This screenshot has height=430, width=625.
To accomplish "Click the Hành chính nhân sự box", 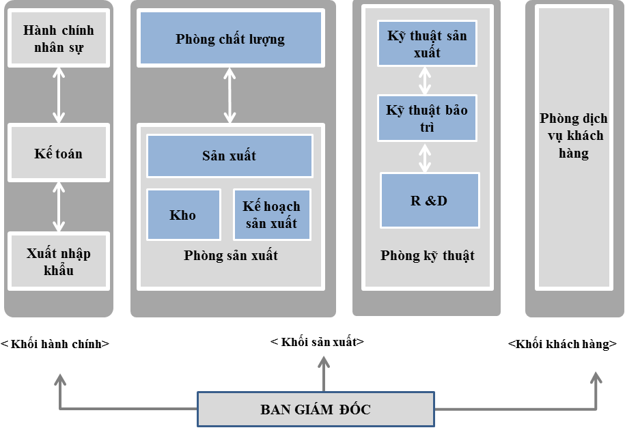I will click(x=59, y=39).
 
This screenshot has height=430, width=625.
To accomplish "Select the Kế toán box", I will click(x=59, y=153).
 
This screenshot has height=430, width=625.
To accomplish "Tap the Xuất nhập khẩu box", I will click(x=59, y=261).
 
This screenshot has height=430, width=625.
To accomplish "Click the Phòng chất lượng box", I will click(x=230, y=39).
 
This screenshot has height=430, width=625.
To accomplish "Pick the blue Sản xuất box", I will click(x=230, y=156).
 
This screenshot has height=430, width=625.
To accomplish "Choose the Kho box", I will click(x=183, y=215).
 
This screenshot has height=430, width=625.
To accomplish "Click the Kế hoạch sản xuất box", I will click(x=272, y=215).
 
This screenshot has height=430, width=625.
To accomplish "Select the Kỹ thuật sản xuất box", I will click(x=427, y=44).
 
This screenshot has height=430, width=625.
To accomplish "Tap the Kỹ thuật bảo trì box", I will click(x=427, y=118).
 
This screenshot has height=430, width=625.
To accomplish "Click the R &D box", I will click(x=430, y=200).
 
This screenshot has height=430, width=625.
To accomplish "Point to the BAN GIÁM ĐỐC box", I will click(x=316, y=410).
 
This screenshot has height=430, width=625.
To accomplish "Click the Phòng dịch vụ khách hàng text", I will click(x=572, y=135).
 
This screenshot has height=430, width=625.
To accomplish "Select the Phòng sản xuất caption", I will click(x=231, y=255).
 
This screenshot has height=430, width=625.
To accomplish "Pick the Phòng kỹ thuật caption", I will click(x=428, y=255).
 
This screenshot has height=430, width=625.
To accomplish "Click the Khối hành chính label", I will click(x=55, y=344).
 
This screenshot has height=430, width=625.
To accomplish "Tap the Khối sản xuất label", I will click(x=318, y=342).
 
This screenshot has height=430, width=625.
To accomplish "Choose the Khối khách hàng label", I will click(x=561, y=344).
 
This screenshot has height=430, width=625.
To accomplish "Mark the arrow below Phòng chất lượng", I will click(x=230, y=94).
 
